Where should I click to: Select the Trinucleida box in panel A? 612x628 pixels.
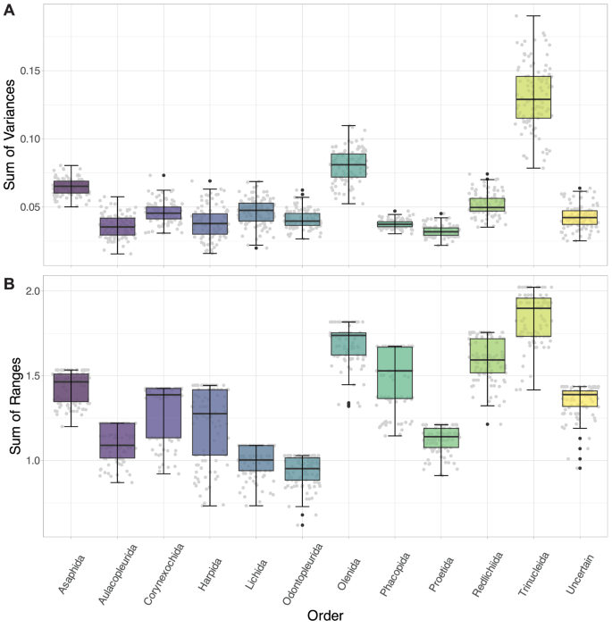[533, 96]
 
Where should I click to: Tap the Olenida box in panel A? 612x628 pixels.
[348, 165]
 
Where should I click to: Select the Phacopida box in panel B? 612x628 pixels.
[395, 373]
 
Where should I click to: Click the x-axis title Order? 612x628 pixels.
[325, 616]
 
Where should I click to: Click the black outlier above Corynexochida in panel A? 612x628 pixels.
[163, 176]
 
